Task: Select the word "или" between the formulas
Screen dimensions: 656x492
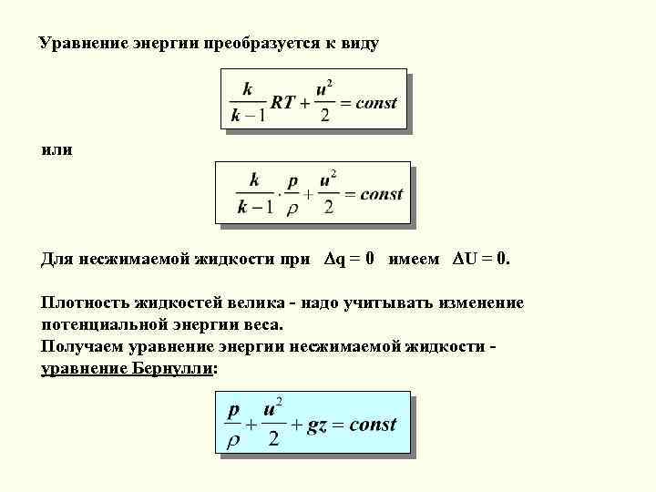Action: [x=56, y=148]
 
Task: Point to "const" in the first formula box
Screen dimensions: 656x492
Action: [x=375, y=103]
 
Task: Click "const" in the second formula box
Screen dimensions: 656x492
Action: [x=381, y=193]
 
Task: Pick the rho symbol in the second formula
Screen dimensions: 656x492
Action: [x=292, y=208]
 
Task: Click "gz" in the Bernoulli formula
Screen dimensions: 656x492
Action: [x=317, y=425]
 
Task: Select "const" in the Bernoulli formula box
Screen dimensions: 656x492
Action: [x=373, y=425]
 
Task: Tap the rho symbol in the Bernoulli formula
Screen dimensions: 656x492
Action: [x=233, y=440]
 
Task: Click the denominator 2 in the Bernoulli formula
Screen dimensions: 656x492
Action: [x=272, y=440]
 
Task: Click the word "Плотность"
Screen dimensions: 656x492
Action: [x=85, y=302]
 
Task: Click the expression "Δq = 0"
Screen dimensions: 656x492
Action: [x=348, y=259]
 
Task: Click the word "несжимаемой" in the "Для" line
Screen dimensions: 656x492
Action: [x=133, y=259]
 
